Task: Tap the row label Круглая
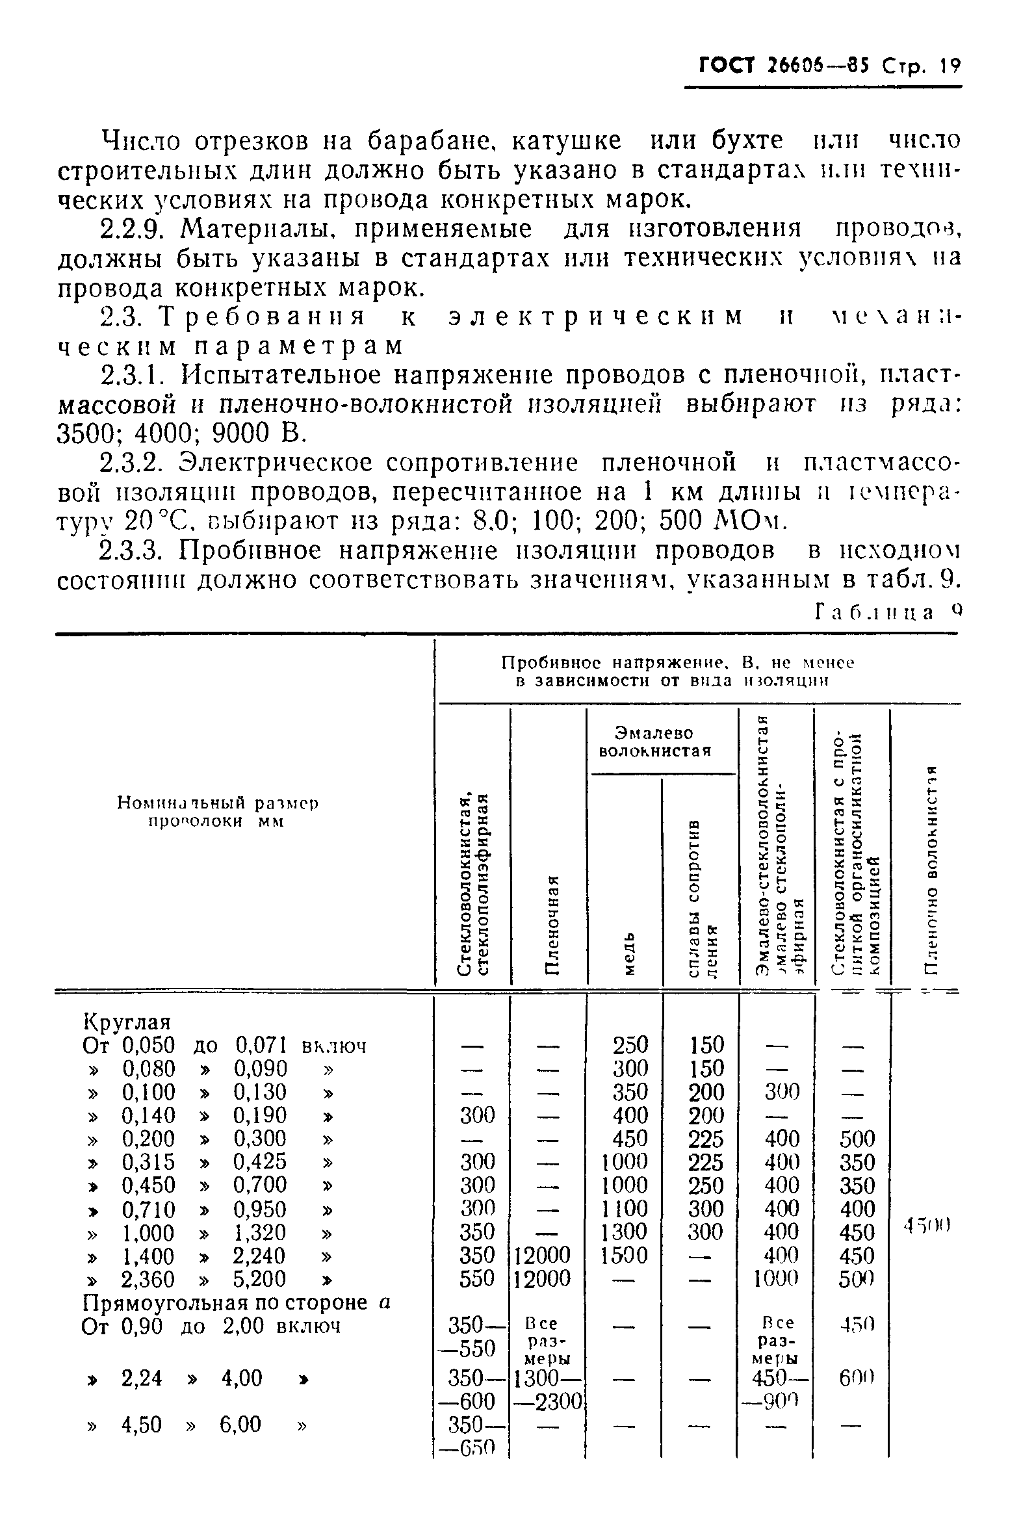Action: (x=127, y=1022)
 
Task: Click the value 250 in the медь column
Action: (x=630, y=1045)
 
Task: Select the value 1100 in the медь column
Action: (x=625, y=1208)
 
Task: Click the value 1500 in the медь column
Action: (x=625, y=1255)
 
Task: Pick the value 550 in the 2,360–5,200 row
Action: (x=477, y=1278)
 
